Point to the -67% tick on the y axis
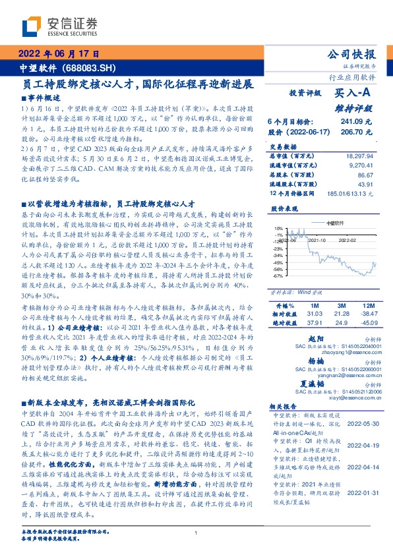(278, 276)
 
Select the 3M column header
(341, 307)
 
